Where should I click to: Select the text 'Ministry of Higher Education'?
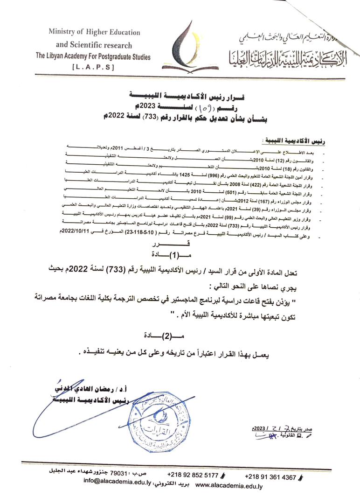click(x=94, y=32)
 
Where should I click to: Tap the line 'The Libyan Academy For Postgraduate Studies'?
click(x=94, y=56)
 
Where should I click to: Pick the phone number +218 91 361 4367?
click(x=271, y=477)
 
